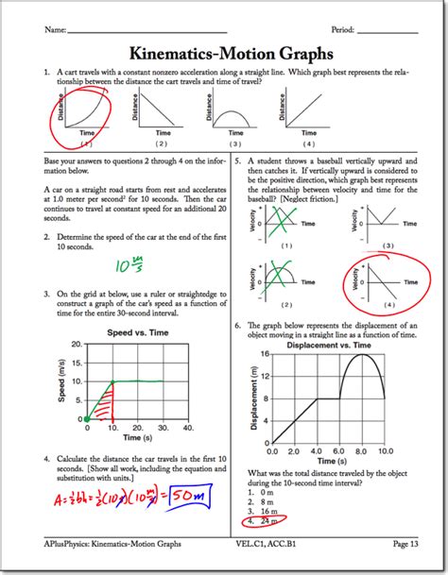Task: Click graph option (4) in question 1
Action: pyautogui.click(x=309, y=143)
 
